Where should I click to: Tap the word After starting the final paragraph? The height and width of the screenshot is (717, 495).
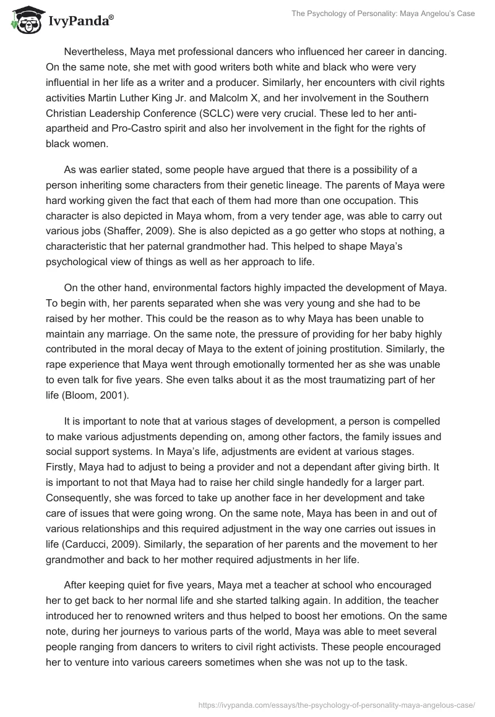click(x=76, y=584)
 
